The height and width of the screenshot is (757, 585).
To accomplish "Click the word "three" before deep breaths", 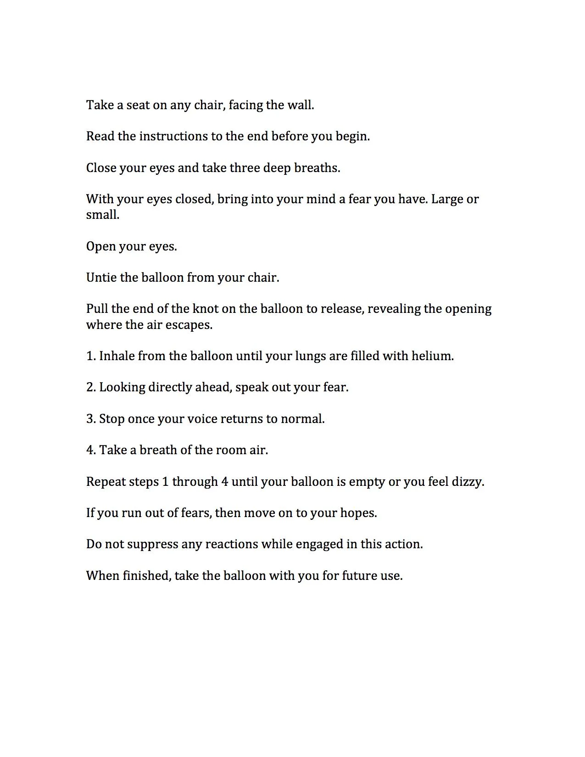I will (245, 168).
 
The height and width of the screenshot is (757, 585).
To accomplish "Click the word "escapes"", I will (191, 325).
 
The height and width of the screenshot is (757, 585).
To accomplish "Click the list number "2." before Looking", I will (91, 387).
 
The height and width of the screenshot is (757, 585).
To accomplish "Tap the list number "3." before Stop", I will (91, 419).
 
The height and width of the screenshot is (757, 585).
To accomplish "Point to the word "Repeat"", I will (106, 482).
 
